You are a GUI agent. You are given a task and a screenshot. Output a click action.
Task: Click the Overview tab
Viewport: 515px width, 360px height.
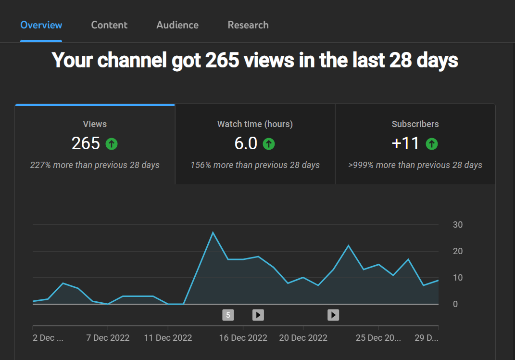click(41, 25)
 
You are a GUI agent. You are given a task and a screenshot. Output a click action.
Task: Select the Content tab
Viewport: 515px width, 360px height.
click(109, 25)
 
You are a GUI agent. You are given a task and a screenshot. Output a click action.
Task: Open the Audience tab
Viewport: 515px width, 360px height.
click(177, 25)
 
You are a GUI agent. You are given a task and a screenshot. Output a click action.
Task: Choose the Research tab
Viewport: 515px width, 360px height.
click(248, 25)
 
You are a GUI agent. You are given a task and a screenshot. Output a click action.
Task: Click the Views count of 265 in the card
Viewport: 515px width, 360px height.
click(86, 143)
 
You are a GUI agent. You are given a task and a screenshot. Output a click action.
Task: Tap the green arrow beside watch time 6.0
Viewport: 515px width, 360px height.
click(269, 144)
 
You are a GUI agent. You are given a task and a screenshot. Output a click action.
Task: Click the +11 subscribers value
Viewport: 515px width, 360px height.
click(405, 143)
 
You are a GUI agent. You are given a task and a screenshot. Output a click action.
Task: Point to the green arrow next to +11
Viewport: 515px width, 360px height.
click(432, 144)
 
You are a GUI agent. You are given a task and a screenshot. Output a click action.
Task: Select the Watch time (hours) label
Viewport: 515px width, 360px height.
click(255, 124)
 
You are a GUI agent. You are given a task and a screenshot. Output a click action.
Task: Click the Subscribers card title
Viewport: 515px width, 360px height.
click(415, 124)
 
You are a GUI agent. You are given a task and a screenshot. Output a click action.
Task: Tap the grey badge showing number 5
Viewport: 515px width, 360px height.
click(228, 315)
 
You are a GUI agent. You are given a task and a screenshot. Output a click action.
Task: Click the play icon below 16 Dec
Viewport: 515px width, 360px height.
click(258, 315)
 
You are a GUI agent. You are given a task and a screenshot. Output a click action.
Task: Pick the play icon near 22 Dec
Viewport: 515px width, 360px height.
click(333, 315)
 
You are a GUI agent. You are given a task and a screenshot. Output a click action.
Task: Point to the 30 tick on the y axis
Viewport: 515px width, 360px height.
click(457, 225)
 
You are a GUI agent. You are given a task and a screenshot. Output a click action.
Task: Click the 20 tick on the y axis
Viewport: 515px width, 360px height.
click(457, 251)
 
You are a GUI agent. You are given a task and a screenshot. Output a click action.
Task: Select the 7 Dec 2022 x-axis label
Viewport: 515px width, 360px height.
click(108, 338)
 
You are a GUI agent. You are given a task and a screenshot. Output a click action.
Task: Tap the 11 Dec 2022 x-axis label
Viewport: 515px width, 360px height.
click(168, 338)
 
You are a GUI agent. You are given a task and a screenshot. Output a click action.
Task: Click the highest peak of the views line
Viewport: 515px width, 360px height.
click(213, 232)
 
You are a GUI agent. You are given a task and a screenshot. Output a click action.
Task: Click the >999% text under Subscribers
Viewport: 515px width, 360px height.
click(361, 165)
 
